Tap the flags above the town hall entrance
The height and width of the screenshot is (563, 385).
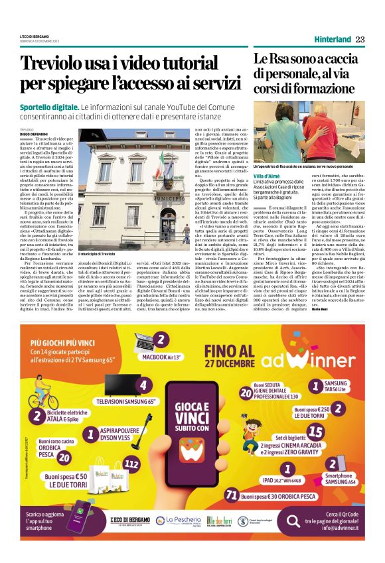[161, 161]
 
